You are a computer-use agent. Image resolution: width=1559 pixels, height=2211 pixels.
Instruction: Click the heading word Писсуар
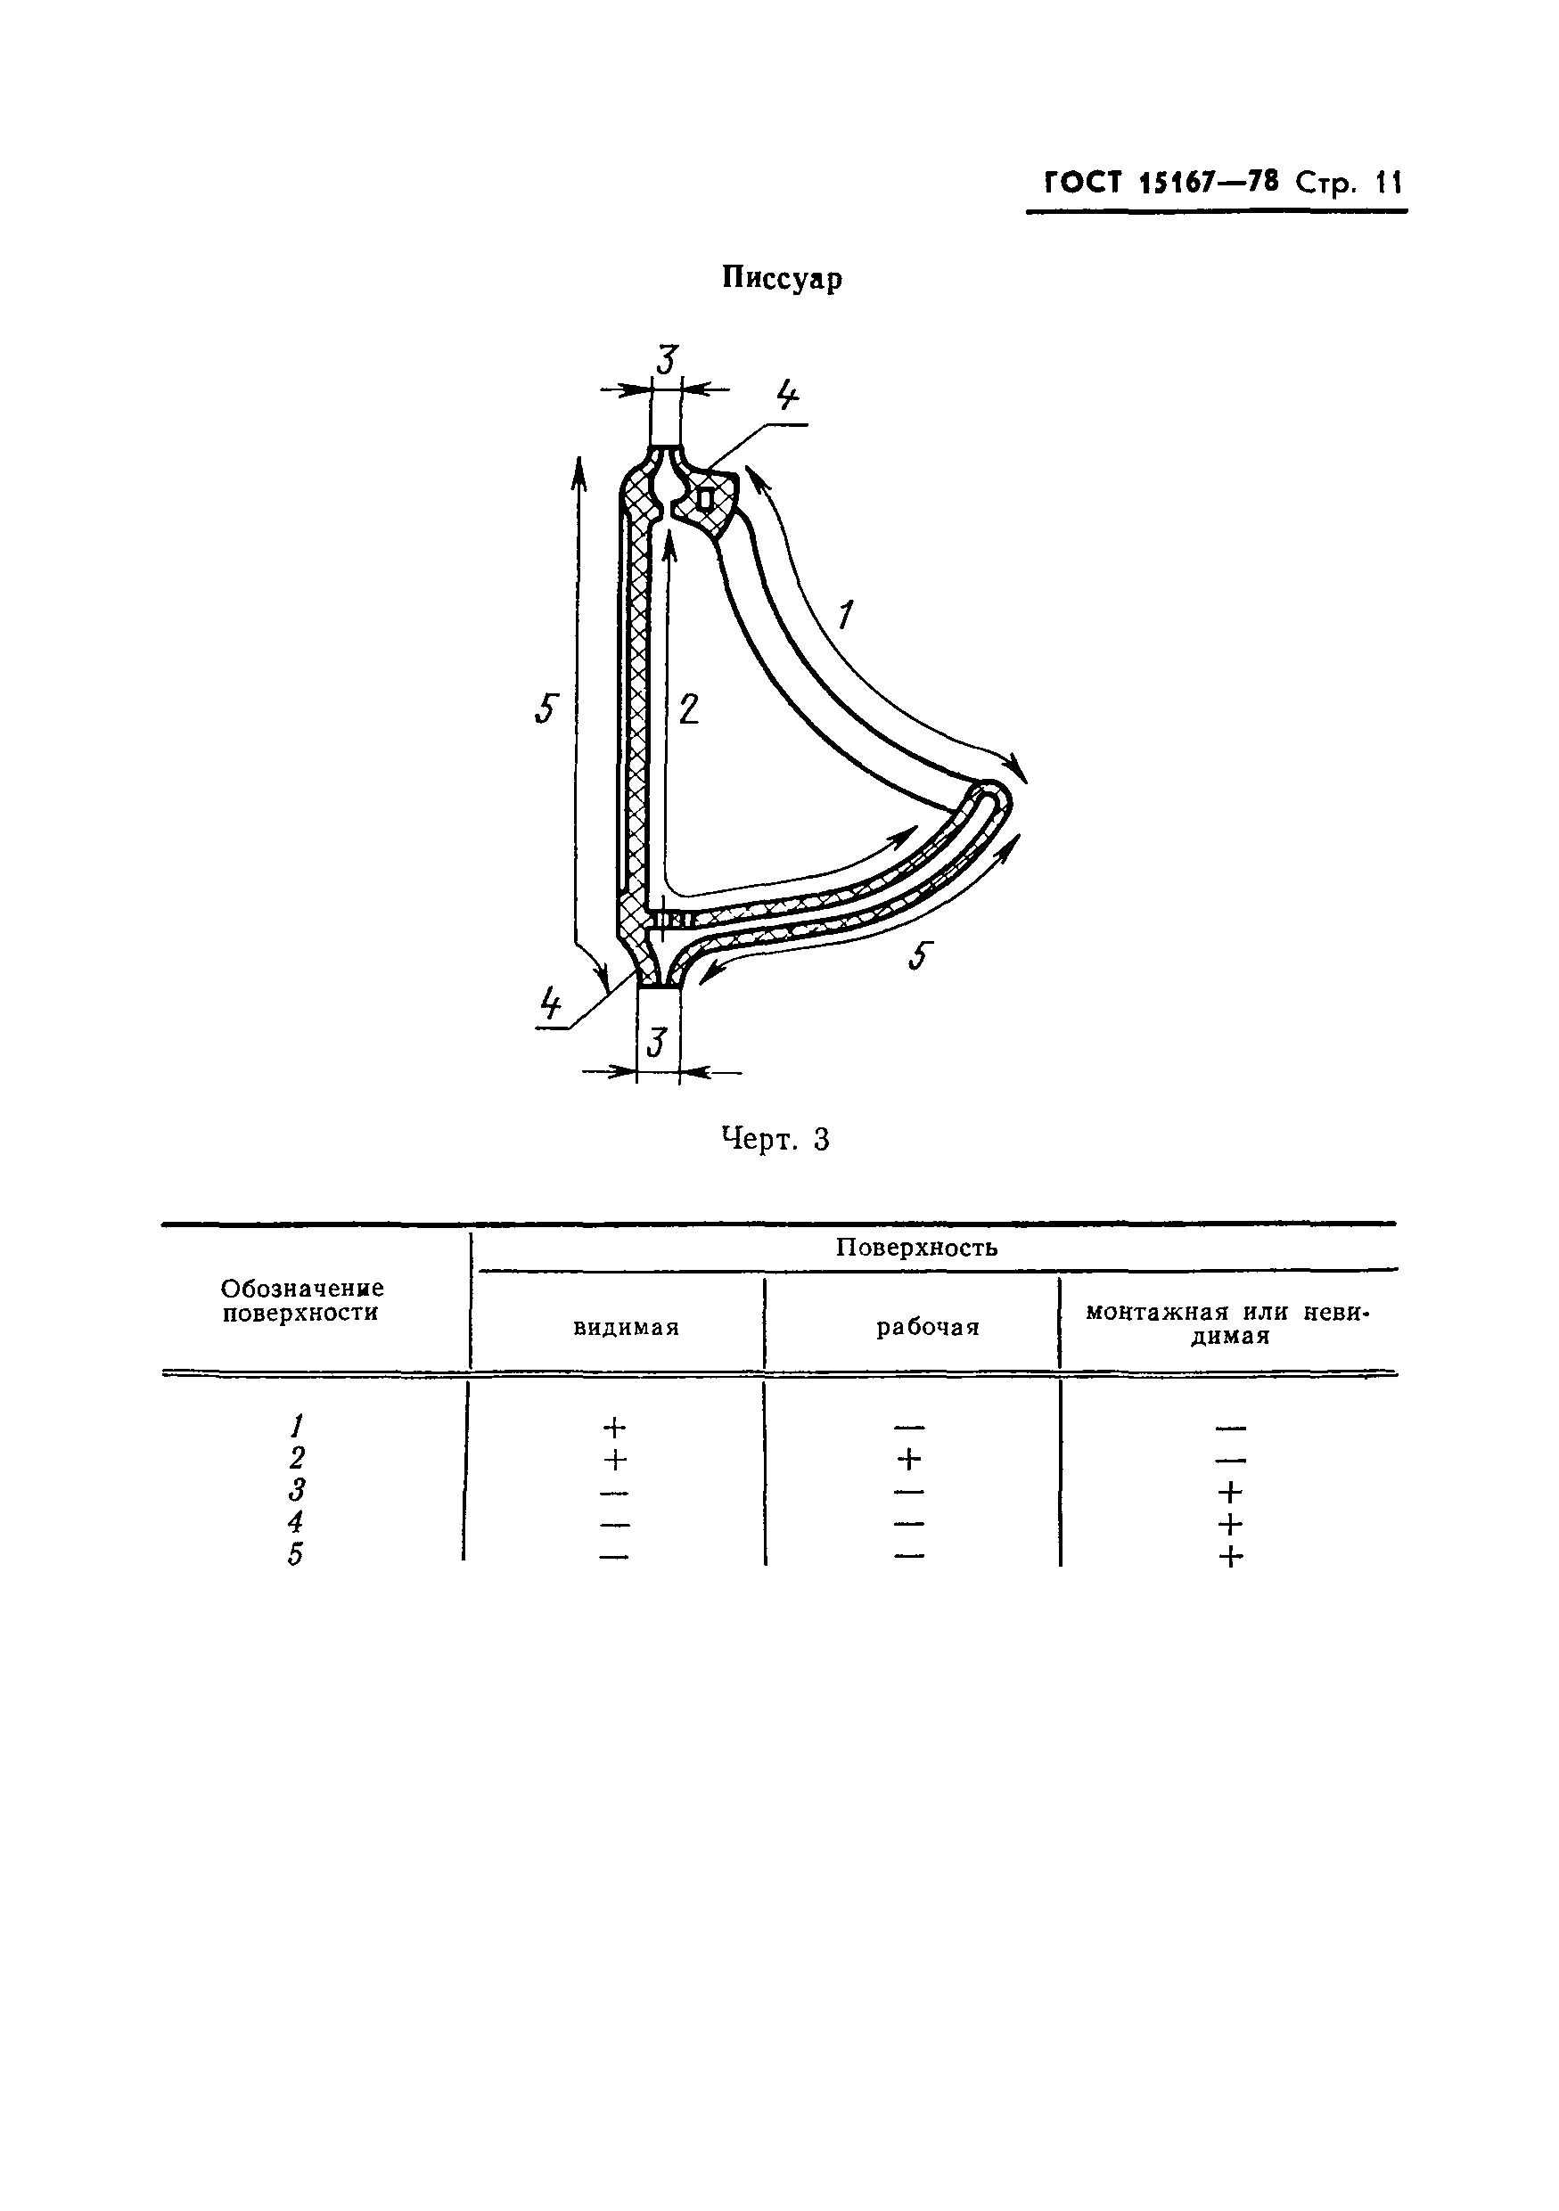782,278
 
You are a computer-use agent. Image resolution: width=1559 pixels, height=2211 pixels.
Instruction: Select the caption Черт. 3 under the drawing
775,1140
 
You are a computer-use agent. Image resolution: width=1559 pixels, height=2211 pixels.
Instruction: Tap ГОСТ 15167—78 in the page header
1161,182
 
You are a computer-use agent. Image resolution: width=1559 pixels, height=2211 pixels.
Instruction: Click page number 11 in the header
1389,182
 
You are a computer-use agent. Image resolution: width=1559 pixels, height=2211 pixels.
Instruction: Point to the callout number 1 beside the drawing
847,613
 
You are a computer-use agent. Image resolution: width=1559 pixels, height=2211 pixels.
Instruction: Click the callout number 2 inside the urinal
688,709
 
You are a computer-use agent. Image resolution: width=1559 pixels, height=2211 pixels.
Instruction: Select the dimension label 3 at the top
667,361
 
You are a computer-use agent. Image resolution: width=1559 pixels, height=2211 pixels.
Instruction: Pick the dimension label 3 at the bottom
658,1042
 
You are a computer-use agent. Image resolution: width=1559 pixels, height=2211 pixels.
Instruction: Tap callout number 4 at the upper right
787,395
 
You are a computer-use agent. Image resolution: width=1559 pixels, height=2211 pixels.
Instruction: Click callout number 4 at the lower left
551,1004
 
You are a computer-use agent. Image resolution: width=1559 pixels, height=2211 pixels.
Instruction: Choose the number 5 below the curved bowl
921,956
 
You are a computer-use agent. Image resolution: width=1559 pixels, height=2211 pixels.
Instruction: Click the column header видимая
626,1328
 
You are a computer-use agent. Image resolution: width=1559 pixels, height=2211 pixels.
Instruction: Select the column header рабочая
927,1328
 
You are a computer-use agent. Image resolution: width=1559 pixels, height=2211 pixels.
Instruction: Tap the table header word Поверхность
915,1248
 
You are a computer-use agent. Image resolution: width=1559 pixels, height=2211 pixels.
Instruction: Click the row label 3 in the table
297,1491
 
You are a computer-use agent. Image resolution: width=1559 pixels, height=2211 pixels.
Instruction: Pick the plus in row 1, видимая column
614,1427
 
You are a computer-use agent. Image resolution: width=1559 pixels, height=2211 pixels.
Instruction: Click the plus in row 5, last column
1230,1556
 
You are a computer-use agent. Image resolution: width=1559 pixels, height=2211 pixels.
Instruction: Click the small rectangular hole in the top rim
706,500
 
